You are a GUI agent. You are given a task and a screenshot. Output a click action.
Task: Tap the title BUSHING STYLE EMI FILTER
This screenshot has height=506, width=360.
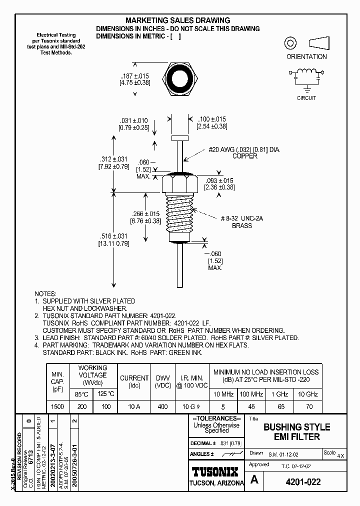296,432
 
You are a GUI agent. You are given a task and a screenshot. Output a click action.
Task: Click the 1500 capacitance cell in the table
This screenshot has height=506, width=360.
57,407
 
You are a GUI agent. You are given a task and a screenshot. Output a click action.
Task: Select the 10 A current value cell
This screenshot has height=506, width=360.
134,407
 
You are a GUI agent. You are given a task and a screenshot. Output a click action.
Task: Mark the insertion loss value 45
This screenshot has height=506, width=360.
252,407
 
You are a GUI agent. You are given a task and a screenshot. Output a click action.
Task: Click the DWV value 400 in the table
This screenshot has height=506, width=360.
162,407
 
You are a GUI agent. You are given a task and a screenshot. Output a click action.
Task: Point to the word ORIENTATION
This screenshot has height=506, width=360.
306,56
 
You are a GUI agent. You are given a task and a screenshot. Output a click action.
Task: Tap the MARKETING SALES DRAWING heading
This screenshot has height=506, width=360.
177,20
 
